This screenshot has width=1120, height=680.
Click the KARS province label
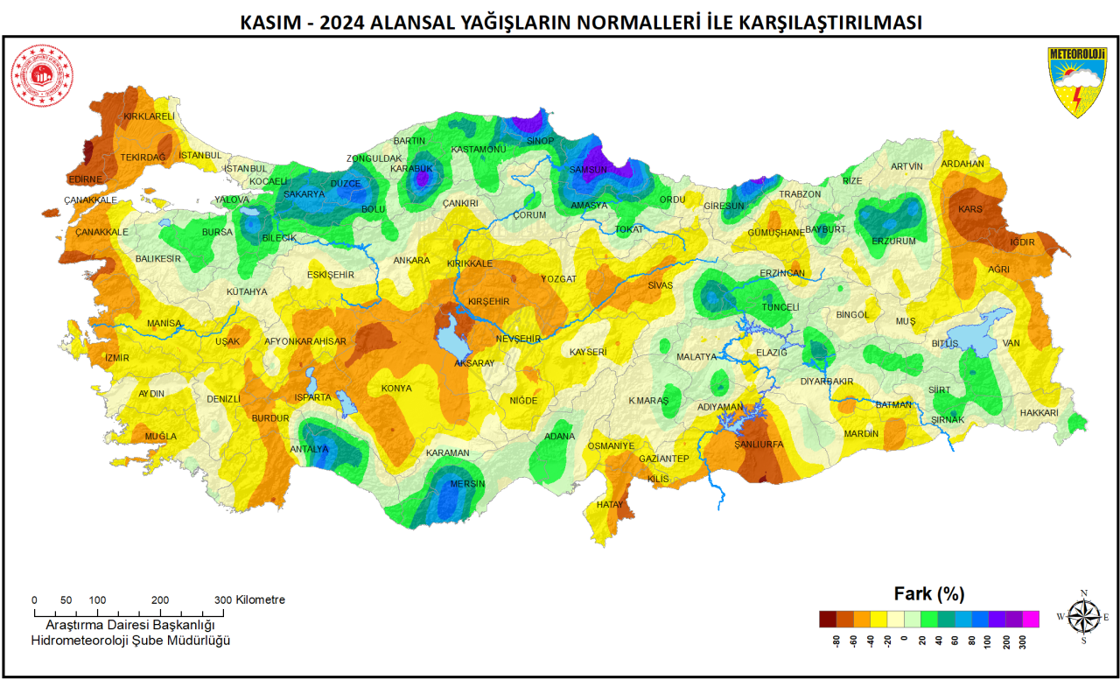[x=970, y=210]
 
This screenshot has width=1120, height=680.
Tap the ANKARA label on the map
[x=411, y=261]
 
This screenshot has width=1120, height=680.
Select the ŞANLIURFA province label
[x=758, y=445]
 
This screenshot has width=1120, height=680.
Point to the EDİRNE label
[x=85, y=179]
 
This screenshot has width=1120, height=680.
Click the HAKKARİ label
[x=1039, y=413]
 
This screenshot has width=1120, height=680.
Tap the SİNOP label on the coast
[x=540, y=141]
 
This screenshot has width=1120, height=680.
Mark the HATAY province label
[x=609, y=505]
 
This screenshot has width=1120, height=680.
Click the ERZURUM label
[x=893, y=242]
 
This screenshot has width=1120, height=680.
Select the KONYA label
[x=396, y=389]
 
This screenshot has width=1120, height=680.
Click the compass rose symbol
[x=1084, y=616]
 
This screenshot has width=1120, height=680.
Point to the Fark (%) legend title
[x=928, y=593]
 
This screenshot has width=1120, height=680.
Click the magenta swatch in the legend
[x=1030, y=619]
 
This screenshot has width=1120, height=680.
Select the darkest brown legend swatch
[x=828, y=619]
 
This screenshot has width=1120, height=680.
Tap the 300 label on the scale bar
[x=223, y=600]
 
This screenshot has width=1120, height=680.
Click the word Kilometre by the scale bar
[x=261, y=600]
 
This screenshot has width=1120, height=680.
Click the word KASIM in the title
[x=269, y=23]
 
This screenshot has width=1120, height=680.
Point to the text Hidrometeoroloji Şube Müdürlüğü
[x=129, y=641]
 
